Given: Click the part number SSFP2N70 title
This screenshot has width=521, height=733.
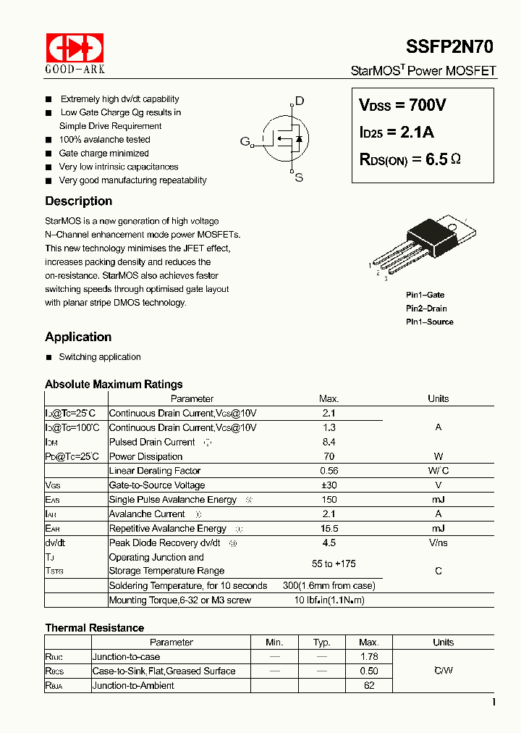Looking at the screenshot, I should [451, 47].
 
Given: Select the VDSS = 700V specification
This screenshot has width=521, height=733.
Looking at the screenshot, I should [402, 105].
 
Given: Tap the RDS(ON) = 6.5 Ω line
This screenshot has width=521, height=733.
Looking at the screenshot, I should [410, 159].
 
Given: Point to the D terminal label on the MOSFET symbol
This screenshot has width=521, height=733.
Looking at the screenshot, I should [299, 101].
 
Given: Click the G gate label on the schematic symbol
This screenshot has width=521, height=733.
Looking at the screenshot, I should [245, 141].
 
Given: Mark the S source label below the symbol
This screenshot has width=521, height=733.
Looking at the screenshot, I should [298, 178].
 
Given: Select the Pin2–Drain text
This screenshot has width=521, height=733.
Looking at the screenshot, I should [426, 309].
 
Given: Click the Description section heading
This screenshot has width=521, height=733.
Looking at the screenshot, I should [78, 201].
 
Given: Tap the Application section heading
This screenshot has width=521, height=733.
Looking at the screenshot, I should [78, 337].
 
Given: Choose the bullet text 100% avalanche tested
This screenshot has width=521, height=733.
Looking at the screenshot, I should [104, 140].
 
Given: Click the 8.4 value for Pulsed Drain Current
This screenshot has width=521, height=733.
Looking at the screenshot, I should [329, 442].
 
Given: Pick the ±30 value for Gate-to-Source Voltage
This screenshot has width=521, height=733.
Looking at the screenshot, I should [329, 485].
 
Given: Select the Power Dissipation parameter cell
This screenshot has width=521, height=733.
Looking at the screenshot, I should [145, 456].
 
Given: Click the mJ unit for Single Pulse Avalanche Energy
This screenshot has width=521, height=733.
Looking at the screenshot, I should [438, 500].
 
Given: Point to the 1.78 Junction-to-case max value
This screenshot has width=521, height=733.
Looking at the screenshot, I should [369, 657].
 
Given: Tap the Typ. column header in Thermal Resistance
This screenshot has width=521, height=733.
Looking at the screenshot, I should [322, 642].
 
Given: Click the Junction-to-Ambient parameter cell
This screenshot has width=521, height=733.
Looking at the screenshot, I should [133, 685].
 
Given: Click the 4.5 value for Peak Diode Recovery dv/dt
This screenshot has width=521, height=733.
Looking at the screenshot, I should [329, 543].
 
